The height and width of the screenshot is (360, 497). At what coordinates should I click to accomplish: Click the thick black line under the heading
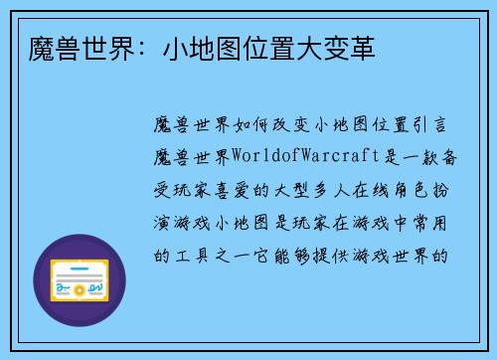point(248,76)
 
